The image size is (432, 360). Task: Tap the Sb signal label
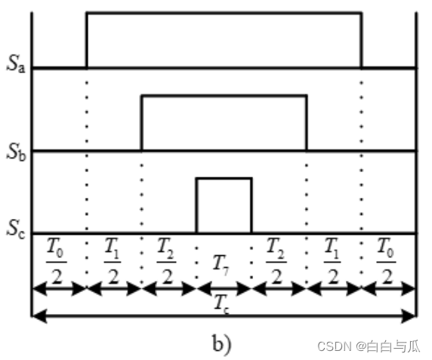16,152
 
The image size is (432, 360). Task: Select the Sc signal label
16,229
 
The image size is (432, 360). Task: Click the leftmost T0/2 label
57,260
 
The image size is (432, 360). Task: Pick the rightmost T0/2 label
386,260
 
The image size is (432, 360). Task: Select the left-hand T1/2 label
113,260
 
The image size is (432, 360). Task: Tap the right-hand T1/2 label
332,260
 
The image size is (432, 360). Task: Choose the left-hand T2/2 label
166,260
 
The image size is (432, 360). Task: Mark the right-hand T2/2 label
276,260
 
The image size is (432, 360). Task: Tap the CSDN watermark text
369,346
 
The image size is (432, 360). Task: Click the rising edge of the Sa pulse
87,40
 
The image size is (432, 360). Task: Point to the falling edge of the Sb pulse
307,123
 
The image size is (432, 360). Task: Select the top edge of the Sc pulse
224,179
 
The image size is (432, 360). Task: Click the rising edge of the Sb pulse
142,123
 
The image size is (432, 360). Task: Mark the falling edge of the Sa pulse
362,40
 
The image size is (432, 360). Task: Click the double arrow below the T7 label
224,289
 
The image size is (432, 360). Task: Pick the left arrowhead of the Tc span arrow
39,316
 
